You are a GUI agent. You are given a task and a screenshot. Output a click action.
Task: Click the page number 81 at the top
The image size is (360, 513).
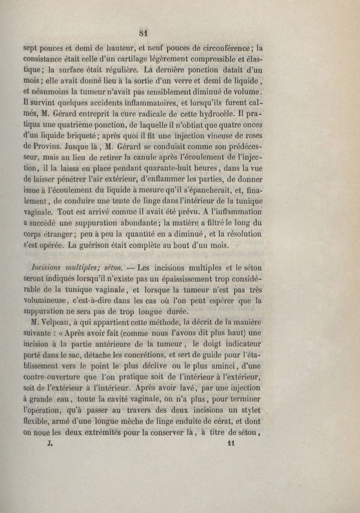144,32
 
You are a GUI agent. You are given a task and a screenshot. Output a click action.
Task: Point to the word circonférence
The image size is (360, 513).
226,46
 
